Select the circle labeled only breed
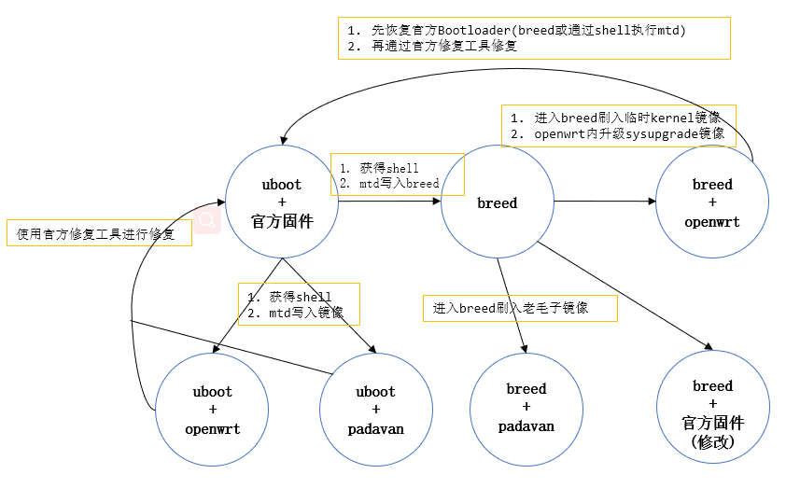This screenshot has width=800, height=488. (497, 202)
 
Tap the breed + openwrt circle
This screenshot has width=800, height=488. (712, 203)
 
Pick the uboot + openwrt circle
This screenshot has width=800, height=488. (213, 410)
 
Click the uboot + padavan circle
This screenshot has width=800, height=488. (376, 410)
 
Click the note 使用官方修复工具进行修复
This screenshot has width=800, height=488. (97, 234)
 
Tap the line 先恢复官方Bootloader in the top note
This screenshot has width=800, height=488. (517, 31)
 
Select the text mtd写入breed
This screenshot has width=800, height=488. (389, 184)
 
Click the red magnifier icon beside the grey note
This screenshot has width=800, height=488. (207, 221)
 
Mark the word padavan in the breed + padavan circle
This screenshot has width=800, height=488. (526, 426)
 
